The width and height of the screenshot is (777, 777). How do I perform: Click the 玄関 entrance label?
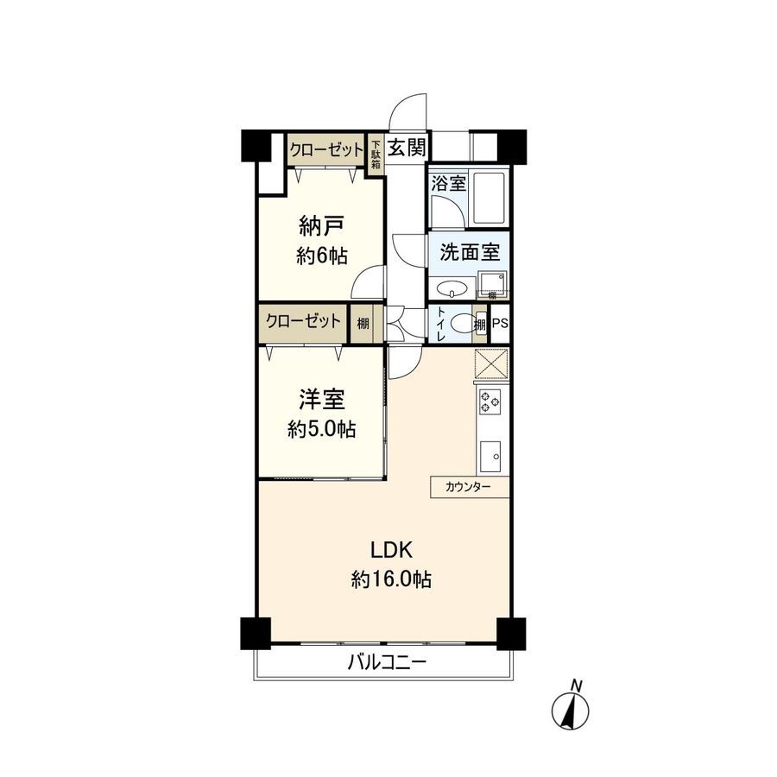pyautogui.click(x=406, y=147)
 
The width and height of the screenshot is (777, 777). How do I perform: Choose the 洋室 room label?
pyautogui.click(x=322, y=400)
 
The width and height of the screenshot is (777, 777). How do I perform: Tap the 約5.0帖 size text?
pyautogui.click(x=322, y=429)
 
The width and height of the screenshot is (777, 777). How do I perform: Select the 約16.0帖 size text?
pyautogui.click(x=391, y=580)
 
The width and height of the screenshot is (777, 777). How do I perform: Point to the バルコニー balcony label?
pyautogui.click(x=387, y=663)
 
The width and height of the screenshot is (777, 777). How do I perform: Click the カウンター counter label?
pyautogui.click(x=468, y=488)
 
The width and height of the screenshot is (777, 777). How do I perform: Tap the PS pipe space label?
pyautogui.click(x=500, y=324)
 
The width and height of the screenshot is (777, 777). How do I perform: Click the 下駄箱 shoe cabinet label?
pyautogui.click(x=376, y=156)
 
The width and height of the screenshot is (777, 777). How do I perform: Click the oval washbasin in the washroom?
pyautogui.click(x=452, y=288)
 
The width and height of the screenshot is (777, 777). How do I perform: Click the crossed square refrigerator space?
pyautogui.click(x=490, y=363)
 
